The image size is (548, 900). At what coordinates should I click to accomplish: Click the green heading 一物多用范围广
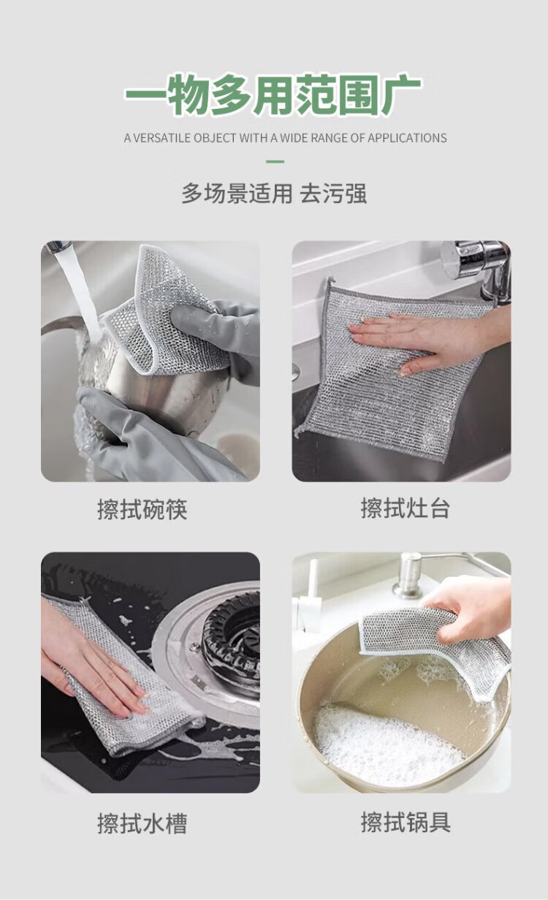click(273, 94)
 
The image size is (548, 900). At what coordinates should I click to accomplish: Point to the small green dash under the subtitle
click(275, 161)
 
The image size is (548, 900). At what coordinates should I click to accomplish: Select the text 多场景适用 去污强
click(274, 194)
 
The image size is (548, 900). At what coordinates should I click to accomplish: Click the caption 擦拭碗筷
click(142, 509)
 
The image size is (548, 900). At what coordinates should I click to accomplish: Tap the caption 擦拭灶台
click(405, 508)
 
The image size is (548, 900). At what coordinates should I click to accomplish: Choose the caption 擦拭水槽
click(142, 823)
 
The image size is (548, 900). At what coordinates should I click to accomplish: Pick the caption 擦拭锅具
click(406, 822)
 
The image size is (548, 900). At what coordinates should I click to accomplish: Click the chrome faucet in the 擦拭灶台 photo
click(478, 269)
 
